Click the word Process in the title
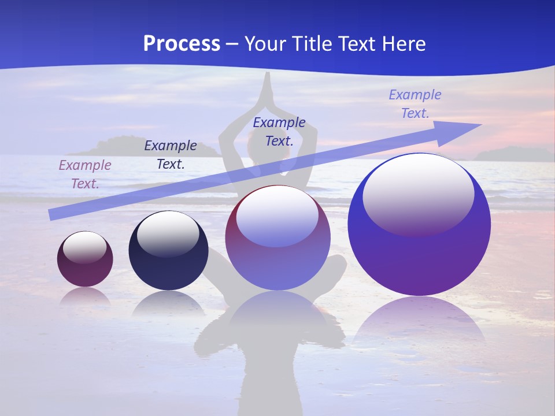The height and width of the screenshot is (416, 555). point(182,43)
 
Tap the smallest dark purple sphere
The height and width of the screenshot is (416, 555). point(85,259)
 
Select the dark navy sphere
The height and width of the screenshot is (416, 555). point(168,251)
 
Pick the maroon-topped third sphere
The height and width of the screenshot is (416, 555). point(277,237)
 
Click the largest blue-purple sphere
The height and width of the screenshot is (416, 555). point(419,224)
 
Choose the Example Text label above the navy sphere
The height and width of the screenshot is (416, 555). point(171,155)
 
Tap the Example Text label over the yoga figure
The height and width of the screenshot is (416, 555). point(279,131)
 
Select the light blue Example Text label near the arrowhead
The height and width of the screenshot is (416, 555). point(415,104)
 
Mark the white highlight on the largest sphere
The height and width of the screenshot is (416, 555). point(418,194)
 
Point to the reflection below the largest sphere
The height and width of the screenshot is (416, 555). point(419,324)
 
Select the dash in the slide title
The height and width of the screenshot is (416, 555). point(232,44)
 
